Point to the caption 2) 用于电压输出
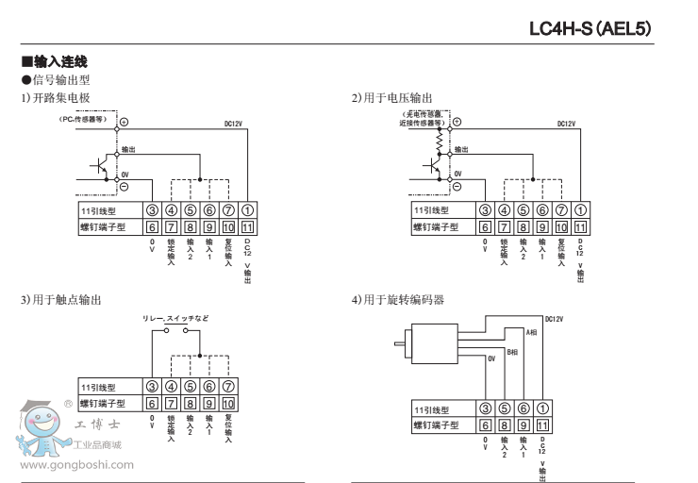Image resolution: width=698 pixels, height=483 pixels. (x=393, y=98)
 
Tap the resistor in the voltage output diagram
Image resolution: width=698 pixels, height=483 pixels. (x=440, y=138)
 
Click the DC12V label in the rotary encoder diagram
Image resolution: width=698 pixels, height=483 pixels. (x=554, y=319)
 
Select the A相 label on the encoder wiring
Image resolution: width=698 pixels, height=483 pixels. (x=531, y=333)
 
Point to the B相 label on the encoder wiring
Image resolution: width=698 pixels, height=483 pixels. (x=513, y=351)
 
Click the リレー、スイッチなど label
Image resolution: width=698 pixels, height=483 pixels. (x=175, y=318)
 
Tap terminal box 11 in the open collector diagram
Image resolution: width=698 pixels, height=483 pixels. (x=247, y=226)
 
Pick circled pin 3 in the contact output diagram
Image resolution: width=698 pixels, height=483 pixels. (x=152, y=387)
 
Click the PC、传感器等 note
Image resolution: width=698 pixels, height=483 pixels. (x=86, y=120)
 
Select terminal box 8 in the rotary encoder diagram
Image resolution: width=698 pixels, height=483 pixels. (x=504, y=425)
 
